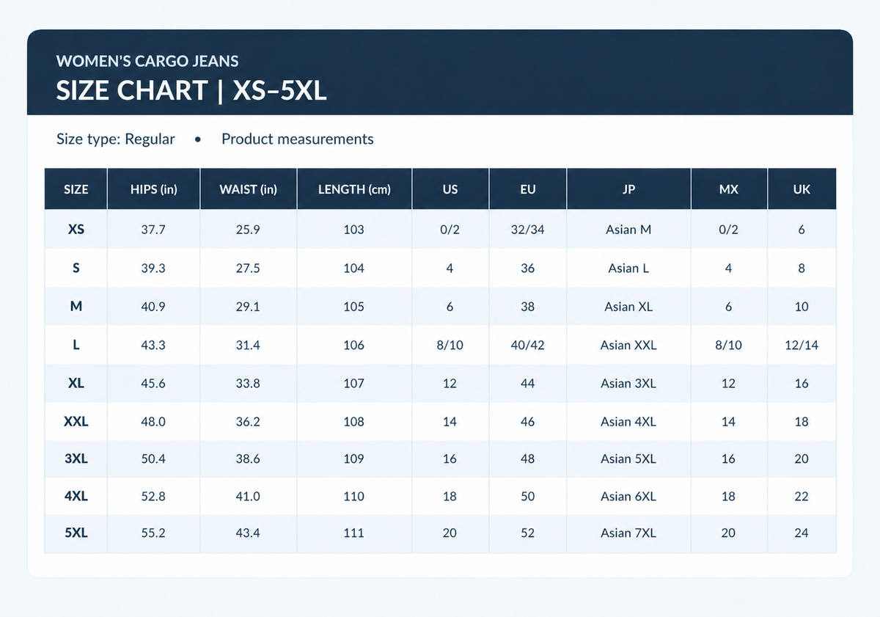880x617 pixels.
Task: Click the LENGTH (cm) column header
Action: (x=354, y=189)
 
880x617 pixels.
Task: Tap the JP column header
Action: (x=628, y=189)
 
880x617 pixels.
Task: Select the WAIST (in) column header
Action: (x=249, y=189)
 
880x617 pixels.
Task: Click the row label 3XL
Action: (x=76, y=459)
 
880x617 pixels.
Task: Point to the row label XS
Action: (x=76, y=229)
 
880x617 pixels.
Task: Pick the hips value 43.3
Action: (x=153, y=345)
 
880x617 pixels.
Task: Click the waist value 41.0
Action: (x=248, y=497)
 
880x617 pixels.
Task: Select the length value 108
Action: (x=354, y=422)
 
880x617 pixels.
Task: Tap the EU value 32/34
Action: (x=527, y=230)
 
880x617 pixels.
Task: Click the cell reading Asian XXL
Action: (x=628, y=345)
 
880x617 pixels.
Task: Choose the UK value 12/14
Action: (x=802, y=345)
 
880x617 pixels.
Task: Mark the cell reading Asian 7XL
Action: (x=628, y=533)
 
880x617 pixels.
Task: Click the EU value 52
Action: (x=527, y=533)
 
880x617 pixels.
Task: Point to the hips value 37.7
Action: (x=153, y=230)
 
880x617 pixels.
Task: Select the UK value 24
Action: (x=802, y=533)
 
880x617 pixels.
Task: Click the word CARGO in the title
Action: (x=161, y=61)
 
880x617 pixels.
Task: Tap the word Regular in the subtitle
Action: (x=150, y=139)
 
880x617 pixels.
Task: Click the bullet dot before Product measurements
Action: (x=198, y=139)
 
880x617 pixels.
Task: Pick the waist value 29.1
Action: (x=248, y=307)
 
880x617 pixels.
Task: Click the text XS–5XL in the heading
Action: (x=279, y=90)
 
